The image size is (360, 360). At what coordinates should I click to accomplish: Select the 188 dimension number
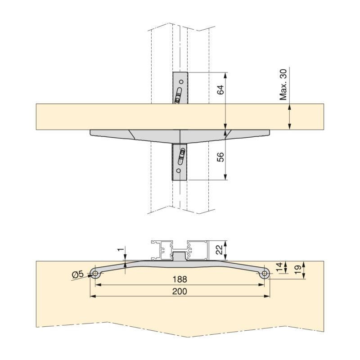click(180, 279)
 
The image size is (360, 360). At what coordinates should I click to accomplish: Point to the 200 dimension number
click(180, 291)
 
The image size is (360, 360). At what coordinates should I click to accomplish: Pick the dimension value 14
click(279, 268)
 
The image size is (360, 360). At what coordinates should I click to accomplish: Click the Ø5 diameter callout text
click(78, 274)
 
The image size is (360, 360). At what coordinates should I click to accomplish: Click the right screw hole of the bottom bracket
click(265, 273)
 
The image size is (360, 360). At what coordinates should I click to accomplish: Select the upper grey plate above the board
click(180, 88)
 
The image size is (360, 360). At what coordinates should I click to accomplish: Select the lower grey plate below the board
click(179, 162)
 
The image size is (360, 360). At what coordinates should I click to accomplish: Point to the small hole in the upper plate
click(181, 82)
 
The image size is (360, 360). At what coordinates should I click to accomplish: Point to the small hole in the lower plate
click(179, 171)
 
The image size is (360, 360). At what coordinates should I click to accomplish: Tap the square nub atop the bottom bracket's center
click(180, 256)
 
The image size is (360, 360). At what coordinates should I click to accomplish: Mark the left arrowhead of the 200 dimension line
click(92, 297)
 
